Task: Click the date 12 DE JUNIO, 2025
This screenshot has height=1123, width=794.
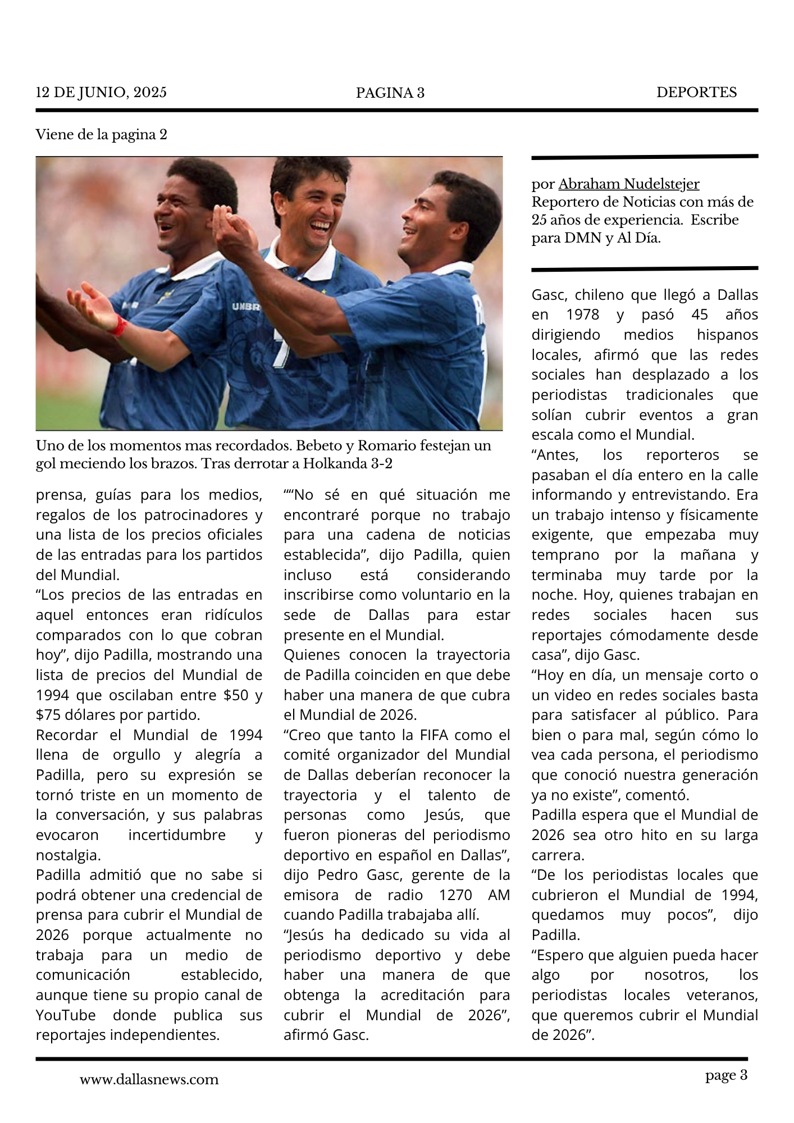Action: (x=101, y=92)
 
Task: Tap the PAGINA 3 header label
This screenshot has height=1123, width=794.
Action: (x=390, y=93)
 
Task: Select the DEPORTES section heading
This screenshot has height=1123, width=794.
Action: (x=696, y=92)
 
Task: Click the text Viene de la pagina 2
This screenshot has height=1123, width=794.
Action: (x=101, y=135)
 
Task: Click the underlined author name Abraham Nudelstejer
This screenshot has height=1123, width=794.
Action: (x=628, y=184)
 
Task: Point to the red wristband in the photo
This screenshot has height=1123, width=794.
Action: (x=118, y=325)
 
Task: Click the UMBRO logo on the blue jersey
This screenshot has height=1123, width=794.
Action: (x=245, y=307)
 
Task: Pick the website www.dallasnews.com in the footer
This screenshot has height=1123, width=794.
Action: (x=149, y=1079)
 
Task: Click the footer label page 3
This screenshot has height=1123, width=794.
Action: (x=726, y=1075)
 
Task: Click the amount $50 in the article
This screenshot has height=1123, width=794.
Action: (x=235, y=695)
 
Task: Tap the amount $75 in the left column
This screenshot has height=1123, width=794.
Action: (x=47, y=715)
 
